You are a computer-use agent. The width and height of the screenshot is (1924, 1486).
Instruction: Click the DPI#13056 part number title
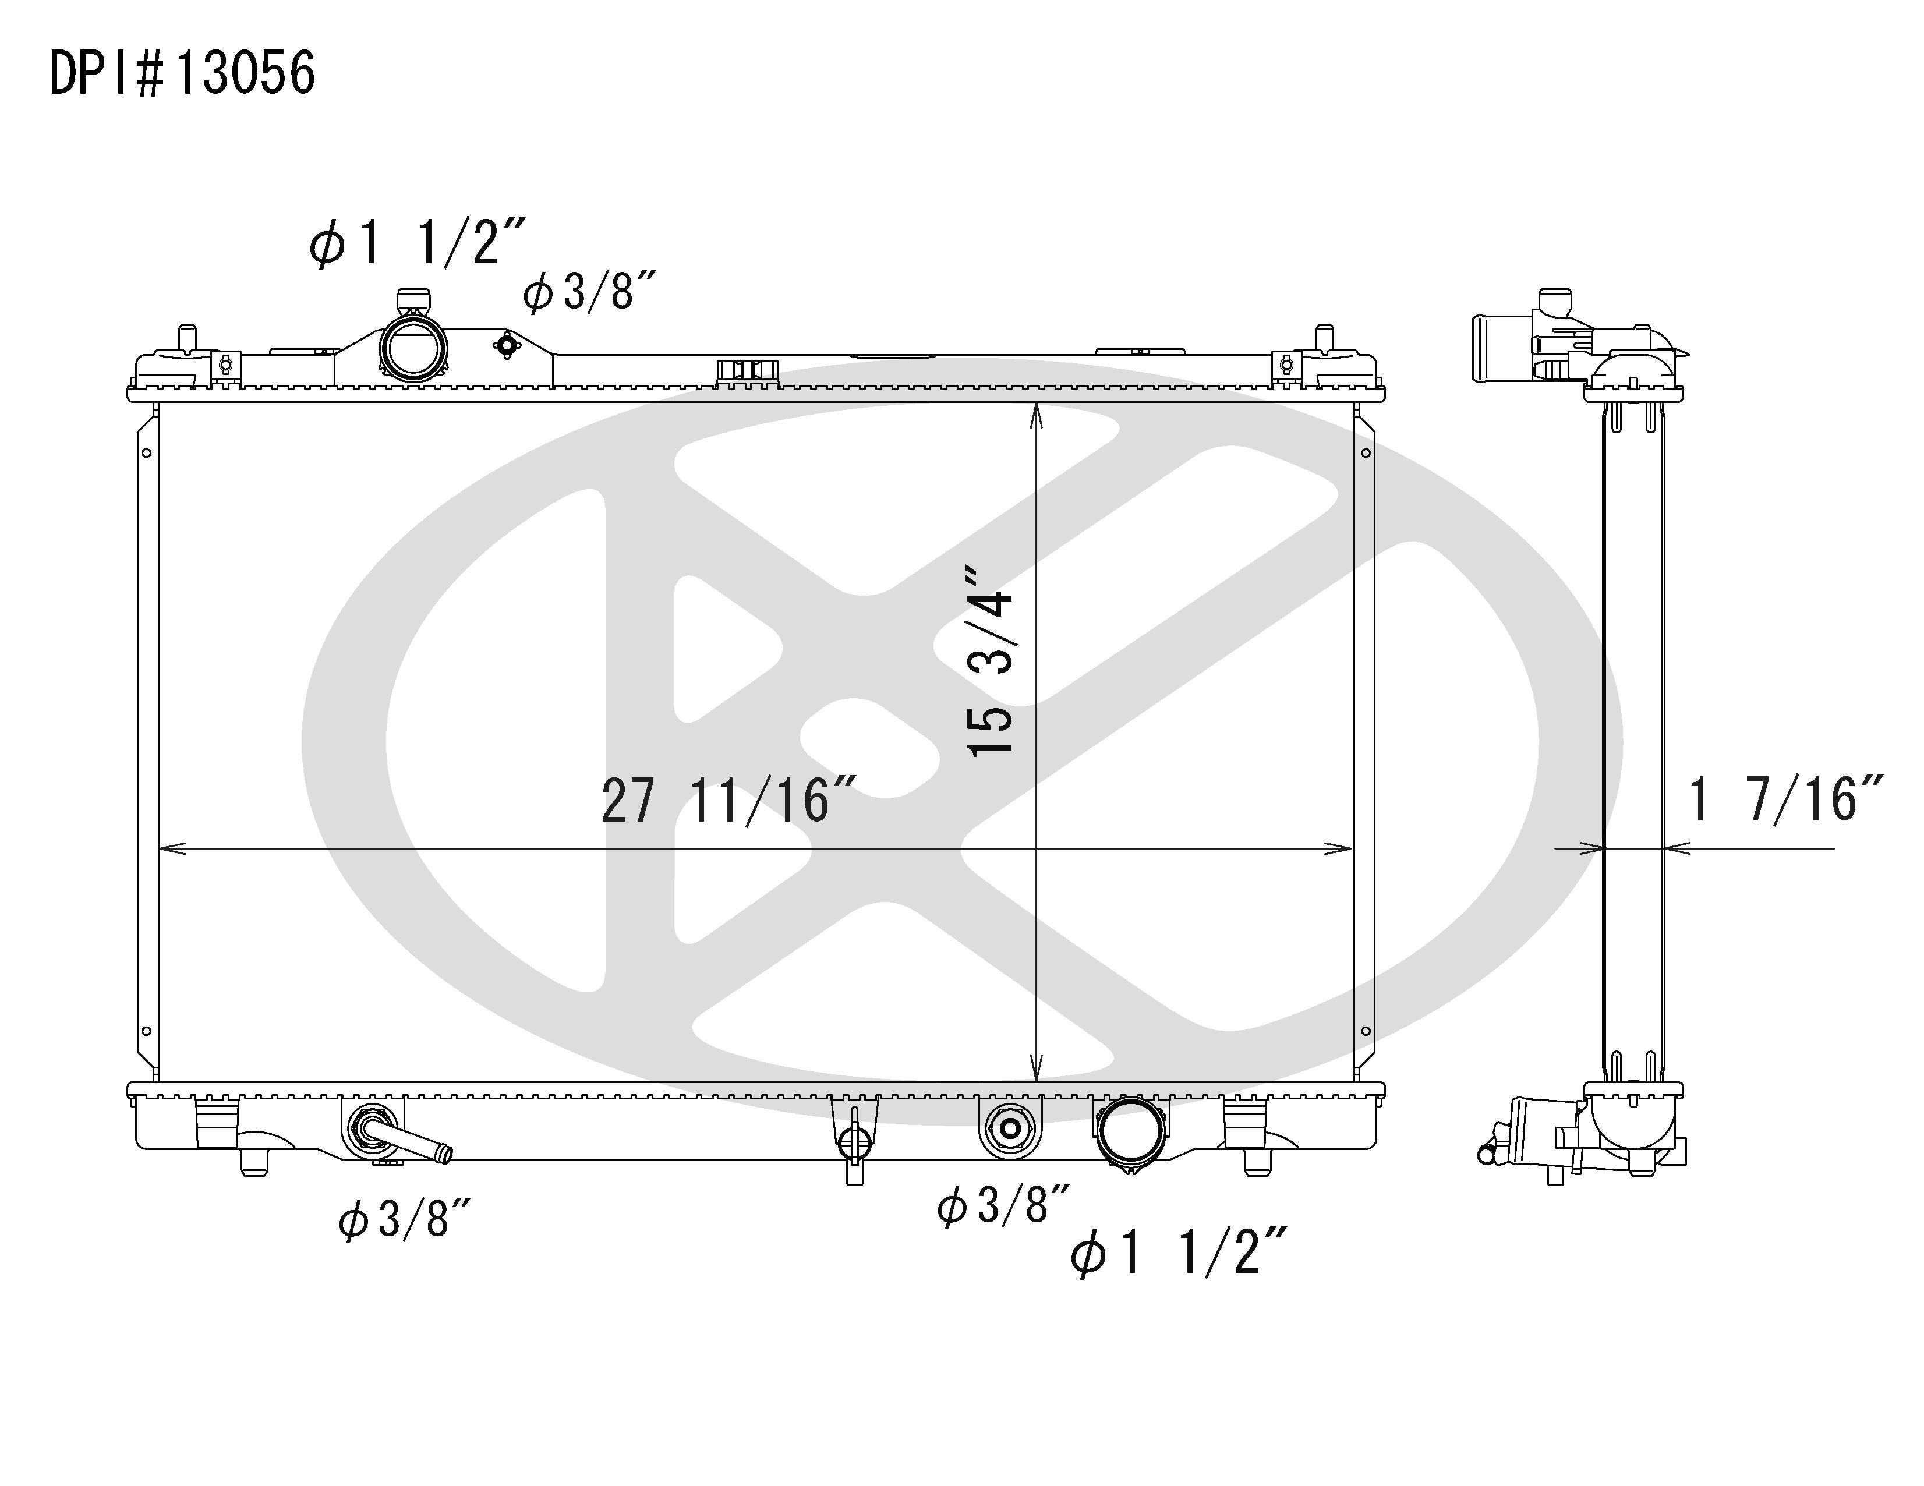(x=182, y=73)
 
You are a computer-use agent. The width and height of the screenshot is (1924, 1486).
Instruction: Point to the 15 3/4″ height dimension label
(x=990, y=661)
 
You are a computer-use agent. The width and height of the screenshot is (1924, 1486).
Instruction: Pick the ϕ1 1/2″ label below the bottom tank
(x=1179, y=1252)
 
